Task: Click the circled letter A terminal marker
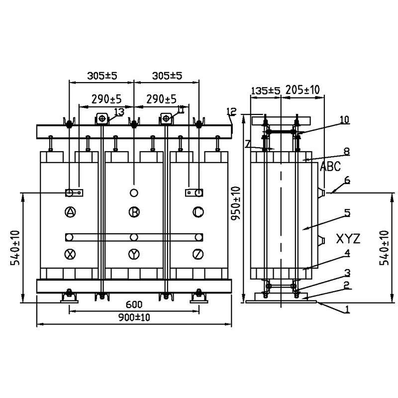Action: pos(70,212)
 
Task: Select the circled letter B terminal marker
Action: pos(134,212)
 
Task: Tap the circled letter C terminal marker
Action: pos(198,212)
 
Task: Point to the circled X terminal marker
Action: pos(70,254)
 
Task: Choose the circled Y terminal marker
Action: pos(134,254)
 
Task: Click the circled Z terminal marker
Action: pos(198,254)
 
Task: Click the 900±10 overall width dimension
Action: pos(134,317)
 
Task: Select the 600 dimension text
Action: pos(134,304)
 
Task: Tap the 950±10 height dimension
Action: pos(236,203)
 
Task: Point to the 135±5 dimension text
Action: pos(266,91)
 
